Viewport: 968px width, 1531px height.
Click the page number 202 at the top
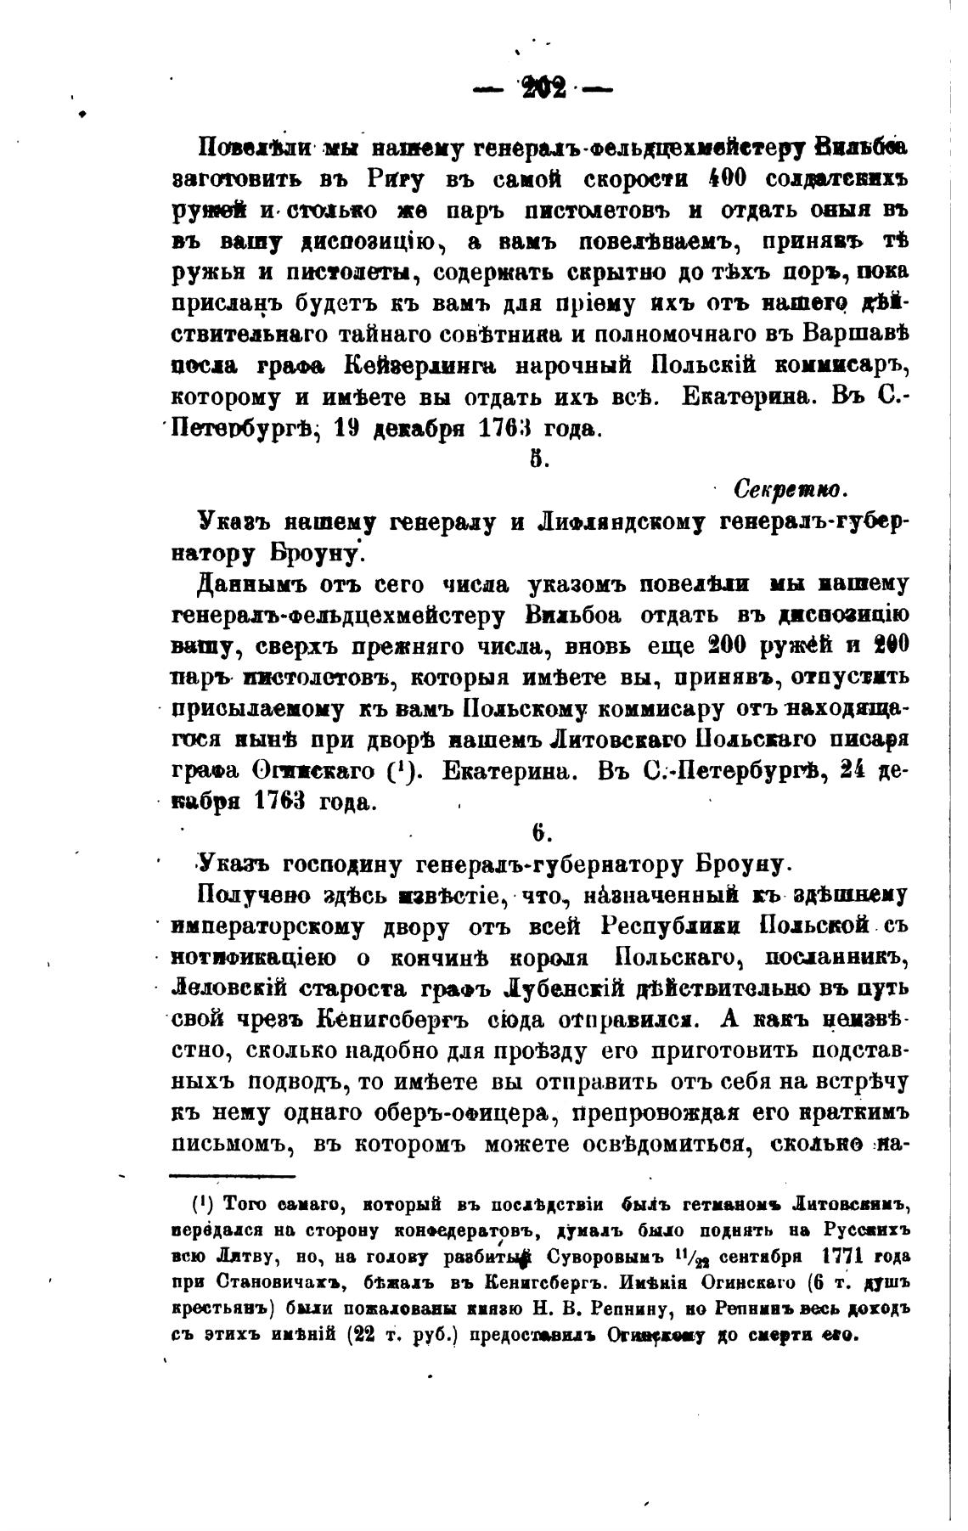[x=543, y=87]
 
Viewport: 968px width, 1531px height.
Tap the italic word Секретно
[x=788, y=490]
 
